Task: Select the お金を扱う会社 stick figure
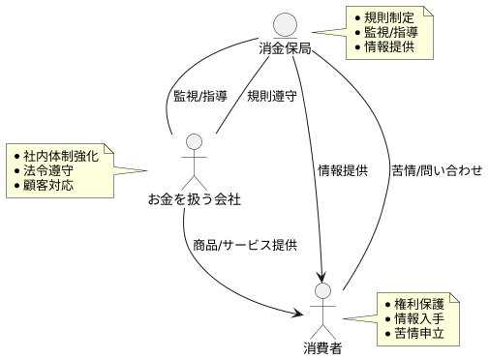point(194,160)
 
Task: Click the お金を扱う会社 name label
point(194,200)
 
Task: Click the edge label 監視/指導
point(199,96)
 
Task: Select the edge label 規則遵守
point(272,96)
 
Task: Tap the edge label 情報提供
point(343,171)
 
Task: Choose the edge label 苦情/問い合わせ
point(437,171)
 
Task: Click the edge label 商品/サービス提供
point(245,245)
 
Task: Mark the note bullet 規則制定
point(390,17)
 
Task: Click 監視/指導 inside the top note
point(390,32)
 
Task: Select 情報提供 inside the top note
point(390,46)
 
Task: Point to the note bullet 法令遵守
point(49,169)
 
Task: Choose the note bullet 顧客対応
point(49,184)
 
